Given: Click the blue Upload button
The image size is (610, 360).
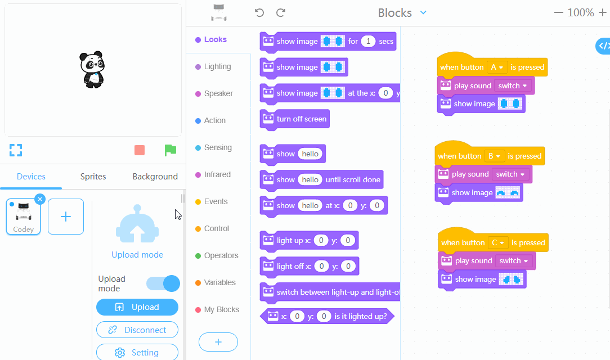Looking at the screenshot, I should click(x=137, y=307).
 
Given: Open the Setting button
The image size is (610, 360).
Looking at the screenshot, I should click(x=137, y=353).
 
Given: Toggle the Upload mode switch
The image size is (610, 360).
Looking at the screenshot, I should click(x=163, y=283).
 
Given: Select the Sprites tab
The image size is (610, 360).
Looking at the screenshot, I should click(x=93, y=177).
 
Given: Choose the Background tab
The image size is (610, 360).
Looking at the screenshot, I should click(x=155, y=177).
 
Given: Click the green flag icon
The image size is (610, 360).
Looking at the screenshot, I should click(x=170, y=150).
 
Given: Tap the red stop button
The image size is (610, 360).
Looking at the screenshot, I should click(x=140, y=150).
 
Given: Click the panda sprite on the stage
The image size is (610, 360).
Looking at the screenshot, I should click(x=92, y=70).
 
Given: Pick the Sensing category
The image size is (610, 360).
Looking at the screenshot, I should click(x=217, y=147).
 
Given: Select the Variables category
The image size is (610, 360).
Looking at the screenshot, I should click(x=219, y=282).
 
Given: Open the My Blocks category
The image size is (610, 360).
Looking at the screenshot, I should click(x=221, y=309).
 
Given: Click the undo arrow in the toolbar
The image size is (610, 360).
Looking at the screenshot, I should click(x=259, y=12).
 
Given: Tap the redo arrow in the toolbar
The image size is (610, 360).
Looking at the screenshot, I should click(x=281, y=12).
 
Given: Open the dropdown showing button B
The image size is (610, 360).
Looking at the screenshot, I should click(x=494, y=156).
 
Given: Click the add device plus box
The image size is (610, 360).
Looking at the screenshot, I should click(x=66, y=217).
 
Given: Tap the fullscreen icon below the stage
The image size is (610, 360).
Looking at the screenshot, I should click(x=16, y=150).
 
